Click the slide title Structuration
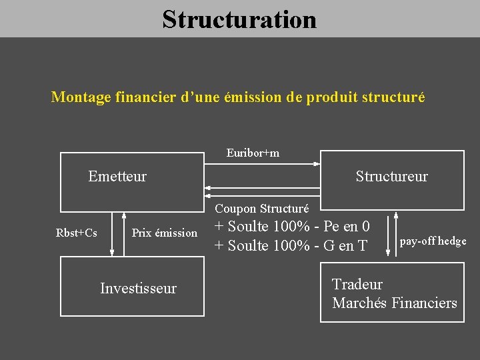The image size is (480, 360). click(239, 19)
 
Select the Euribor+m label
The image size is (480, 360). click(253, 153)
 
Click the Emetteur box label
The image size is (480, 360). click(117, 177)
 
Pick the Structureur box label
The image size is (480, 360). click(391, 177)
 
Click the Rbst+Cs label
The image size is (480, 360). click(77, 233)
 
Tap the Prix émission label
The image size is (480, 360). click(165, 233)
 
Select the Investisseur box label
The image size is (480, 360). click(138, 288)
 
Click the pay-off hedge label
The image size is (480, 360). click(433, 241)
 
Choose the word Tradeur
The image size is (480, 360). click(357, 284)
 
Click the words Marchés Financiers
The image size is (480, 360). click(395, 303)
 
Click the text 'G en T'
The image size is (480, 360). click(345, 246)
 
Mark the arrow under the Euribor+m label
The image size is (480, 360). click(262, 164)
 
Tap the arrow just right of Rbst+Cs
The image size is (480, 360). click(112, 233)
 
